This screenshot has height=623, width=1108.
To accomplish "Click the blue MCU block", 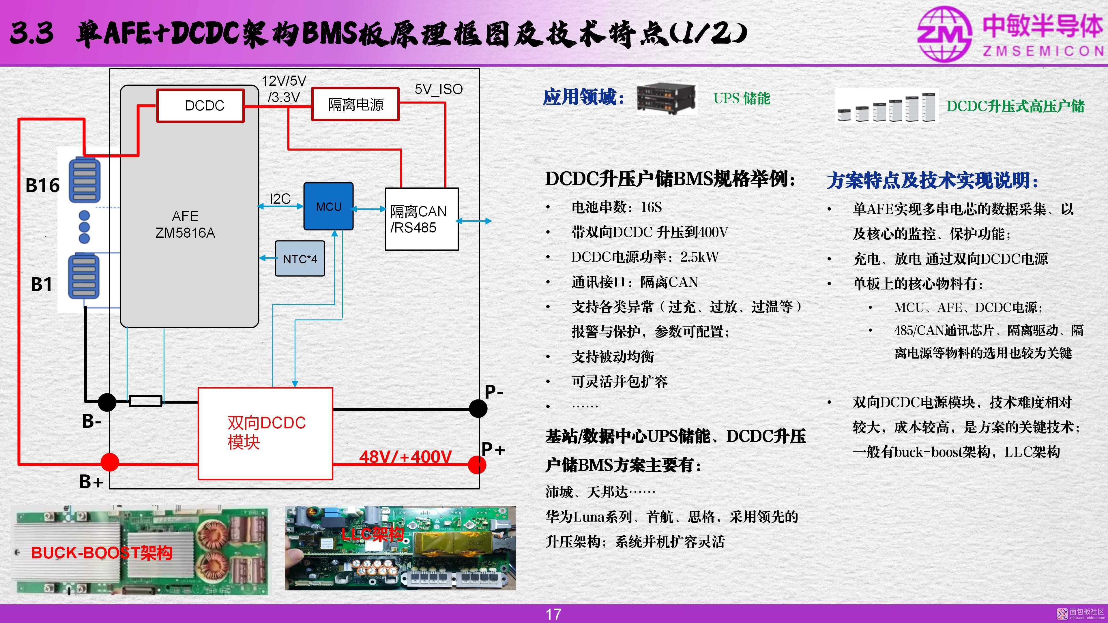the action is [329, 207].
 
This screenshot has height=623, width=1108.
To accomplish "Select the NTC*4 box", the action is [300, 258].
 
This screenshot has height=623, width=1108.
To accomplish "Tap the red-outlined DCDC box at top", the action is [201, 105].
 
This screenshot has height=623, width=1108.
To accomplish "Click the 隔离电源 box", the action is [355, 104].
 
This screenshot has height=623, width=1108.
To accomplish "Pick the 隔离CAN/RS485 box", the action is [422, 219].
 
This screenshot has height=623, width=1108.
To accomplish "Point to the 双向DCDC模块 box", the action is [265, 434].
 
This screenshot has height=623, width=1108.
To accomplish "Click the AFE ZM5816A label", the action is [185, 224].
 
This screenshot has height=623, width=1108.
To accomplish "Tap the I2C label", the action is [280, 199].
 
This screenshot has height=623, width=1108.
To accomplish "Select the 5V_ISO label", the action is [439, 89].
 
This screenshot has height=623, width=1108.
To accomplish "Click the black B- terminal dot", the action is [107, 402].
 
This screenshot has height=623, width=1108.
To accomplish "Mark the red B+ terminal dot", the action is [110, 463].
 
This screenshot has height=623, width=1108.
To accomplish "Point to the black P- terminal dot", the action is [478, 408].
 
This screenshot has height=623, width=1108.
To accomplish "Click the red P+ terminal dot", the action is [477, 465].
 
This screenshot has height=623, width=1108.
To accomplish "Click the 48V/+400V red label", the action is [405, 457].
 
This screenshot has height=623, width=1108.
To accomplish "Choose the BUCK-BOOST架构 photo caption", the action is [102, 553].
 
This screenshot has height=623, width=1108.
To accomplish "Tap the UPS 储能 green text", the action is [742, 98].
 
